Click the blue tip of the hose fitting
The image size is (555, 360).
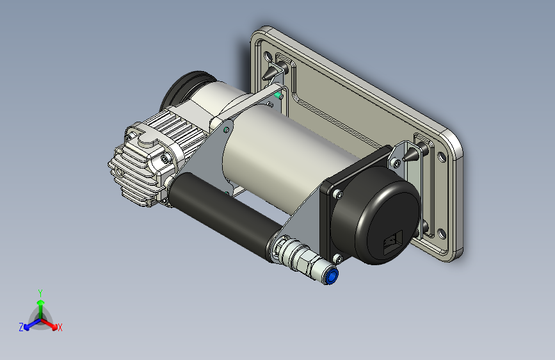(332, 275)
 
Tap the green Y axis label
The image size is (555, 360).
(40, 293)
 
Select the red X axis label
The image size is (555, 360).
(60, 327)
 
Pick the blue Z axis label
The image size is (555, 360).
(21, 327)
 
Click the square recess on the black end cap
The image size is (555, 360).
(393, 243)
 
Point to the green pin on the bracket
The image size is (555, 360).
(278, 95)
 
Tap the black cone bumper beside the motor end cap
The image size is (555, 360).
(410, 154)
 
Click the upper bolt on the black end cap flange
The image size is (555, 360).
(337, 194)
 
